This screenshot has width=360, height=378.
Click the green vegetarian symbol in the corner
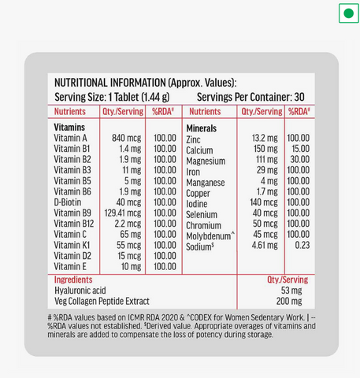coord(347,14)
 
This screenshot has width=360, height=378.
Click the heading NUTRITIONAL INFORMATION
coord(109,83)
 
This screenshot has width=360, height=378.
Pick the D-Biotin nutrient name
coord(69,202)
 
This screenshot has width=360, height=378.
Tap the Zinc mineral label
coord(193,139)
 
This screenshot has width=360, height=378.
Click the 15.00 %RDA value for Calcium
coord(300,149)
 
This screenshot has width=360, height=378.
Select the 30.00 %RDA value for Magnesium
coord(300,160)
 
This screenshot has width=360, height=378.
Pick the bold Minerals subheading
coord(202,127)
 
